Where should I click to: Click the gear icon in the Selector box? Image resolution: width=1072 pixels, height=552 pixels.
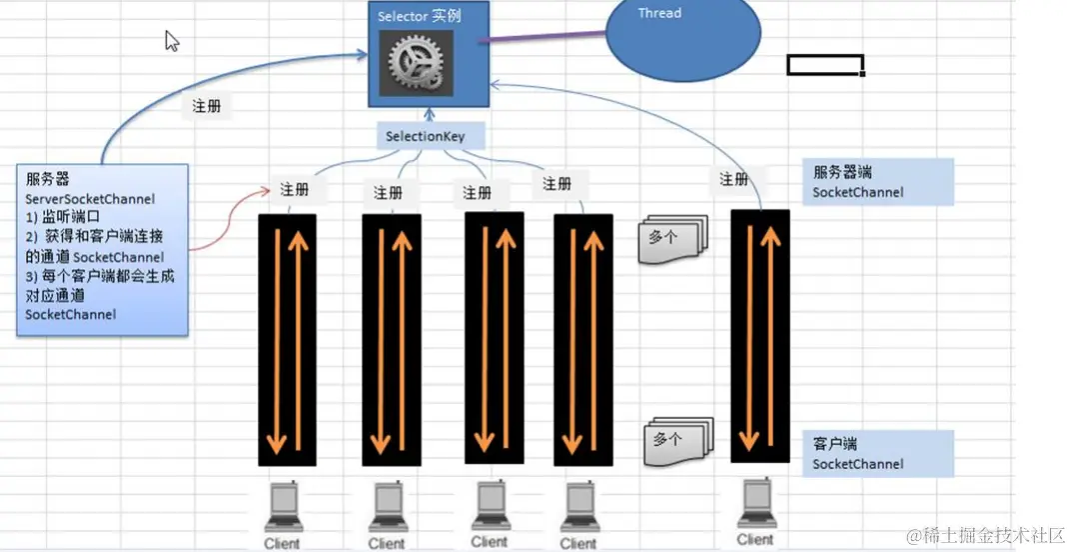416,63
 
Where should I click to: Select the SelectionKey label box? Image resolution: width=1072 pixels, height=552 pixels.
425,136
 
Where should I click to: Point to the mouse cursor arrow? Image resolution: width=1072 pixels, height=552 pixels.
171,40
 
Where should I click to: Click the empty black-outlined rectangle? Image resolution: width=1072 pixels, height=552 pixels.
825,65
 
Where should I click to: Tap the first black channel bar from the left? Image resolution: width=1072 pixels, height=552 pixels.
288,340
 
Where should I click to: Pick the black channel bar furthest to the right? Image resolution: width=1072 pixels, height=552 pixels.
761,336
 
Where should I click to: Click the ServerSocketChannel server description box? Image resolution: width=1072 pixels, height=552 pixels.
101,249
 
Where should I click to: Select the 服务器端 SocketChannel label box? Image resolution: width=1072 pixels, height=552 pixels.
877,182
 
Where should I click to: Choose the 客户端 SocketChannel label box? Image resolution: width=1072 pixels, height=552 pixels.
877,453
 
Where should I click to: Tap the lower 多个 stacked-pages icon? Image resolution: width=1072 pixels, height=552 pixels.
677,441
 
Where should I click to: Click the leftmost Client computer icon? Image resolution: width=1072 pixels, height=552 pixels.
282,509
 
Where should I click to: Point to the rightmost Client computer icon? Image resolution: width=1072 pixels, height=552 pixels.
755,504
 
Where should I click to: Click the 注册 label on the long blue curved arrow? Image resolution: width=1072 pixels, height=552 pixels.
207,106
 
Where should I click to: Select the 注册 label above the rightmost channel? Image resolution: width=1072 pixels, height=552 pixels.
734,179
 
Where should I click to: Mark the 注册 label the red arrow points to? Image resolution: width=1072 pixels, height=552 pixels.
295,189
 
